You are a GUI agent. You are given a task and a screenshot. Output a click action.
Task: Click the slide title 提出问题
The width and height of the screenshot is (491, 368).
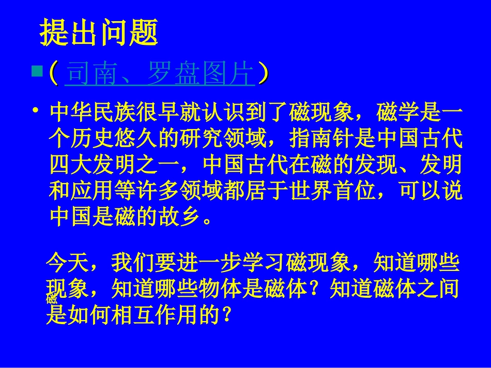click(99, 34)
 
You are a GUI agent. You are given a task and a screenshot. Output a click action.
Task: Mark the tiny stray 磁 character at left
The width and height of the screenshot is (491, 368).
click(51, 299)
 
